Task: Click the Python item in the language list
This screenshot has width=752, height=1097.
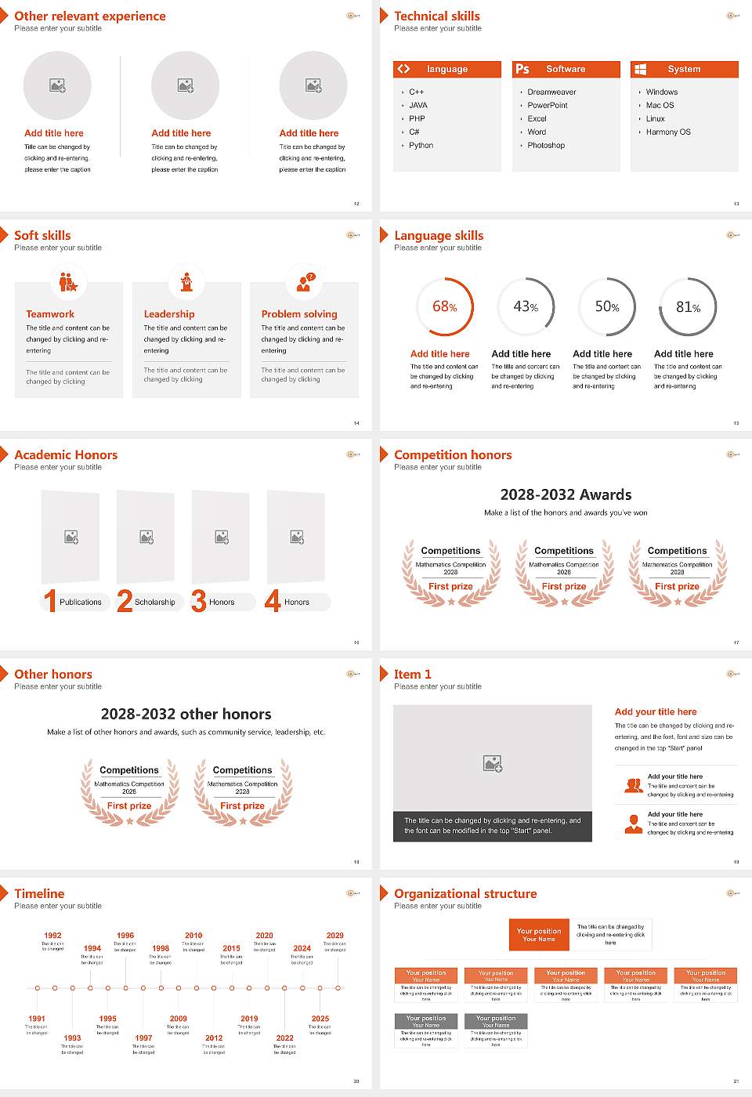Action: point(421,146)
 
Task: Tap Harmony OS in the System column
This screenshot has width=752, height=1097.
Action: point(667,132)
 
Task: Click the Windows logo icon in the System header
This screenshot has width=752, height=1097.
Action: point(640,69)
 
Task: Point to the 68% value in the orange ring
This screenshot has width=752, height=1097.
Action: point(444,307)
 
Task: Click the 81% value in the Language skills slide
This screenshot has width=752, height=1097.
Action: point(688,307)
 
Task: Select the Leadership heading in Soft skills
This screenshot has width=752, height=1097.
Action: point(168,313)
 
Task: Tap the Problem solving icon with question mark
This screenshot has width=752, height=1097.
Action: point(305,282)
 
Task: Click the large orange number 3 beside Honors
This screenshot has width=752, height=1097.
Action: point(198,601)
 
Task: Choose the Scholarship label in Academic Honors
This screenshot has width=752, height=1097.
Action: point(154,603)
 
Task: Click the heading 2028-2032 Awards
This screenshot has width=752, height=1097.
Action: point(566,494)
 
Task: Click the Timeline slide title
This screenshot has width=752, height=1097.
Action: point(39,893)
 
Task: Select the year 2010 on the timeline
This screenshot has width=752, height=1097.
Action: point(193,936)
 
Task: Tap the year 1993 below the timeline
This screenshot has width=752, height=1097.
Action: point(72,1037)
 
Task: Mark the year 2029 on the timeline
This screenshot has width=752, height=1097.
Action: point(334,936)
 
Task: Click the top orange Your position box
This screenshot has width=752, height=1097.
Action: point(539,935)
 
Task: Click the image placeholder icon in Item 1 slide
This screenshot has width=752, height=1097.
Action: point(493,763)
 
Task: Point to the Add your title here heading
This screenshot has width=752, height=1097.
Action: point(656,711)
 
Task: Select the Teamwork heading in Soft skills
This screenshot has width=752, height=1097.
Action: point(50,313)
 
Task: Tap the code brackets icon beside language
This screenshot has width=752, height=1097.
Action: point(403,69)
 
